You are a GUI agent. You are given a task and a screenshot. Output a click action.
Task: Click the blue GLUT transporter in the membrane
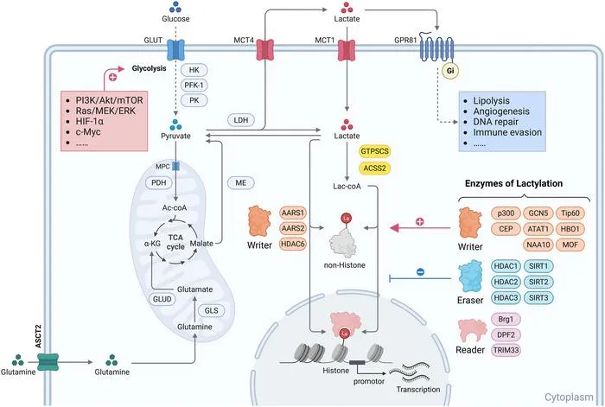(175, 50)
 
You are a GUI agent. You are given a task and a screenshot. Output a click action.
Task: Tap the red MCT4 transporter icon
(265, 50)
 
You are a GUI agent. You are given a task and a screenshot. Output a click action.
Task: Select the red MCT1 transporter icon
(347, 50)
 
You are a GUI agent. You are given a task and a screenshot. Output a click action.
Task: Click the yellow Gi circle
(450, 71)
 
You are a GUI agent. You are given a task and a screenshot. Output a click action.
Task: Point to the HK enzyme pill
(194, 70)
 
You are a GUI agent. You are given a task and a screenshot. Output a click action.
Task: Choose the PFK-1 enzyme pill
(194, 86)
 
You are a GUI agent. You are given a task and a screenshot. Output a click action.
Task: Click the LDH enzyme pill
(241, 120)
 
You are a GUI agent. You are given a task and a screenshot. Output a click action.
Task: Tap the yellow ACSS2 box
(374, 169)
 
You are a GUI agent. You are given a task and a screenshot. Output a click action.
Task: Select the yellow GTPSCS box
(374, 151)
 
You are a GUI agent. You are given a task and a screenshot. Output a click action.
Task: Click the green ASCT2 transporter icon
(48, 362)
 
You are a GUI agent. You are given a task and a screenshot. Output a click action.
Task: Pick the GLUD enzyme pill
(162, 299)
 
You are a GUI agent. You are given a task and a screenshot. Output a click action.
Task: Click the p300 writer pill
(506, 213)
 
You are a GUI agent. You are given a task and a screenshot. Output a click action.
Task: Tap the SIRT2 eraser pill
(538, 282)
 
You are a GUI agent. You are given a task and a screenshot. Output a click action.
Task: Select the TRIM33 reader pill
(506, 350)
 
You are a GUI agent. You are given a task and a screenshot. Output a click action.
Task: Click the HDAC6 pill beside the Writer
(293, 244)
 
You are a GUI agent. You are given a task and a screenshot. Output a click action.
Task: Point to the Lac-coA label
(347, 187)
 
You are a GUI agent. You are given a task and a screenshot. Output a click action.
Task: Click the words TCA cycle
(175, 242)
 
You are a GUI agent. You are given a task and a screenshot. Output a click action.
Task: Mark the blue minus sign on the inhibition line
(421, 272)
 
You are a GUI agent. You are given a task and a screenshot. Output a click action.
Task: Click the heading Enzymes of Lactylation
(513, 183)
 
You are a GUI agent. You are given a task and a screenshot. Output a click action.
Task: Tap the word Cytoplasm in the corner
(569, 397)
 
